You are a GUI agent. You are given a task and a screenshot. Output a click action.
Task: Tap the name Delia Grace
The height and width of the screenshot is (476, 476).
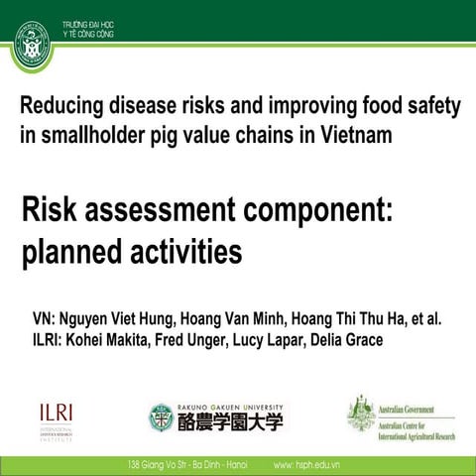(360, 341)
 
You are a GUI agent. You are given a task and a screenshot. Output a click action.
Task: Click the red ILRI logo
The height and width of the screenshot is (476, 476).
(57, 413)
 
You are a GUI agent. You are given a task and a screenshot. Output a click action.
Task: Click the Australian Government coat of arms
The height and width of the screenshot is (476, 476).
(361, 413)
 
